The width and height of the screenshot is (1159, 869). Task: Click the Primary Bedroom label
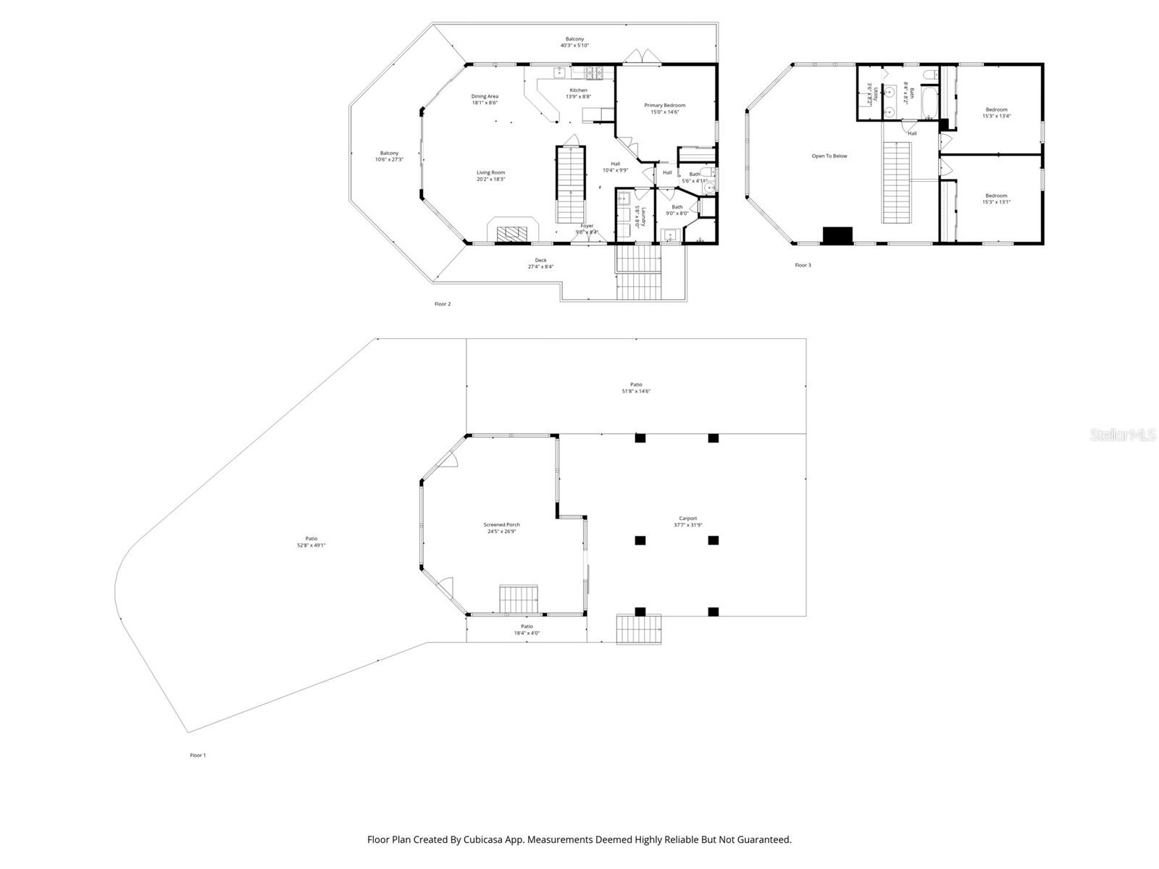(x=664, y=105)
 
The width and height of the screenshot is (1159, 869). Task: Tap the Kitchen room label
(x=578, y=90)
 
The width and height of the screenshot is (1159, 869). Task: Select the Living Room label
(x=490, y=172)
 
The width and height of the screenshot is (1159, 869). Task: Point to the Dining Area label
(x=485, y=96)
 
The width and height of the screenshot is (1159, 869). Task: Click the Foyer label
(x=587, y=226)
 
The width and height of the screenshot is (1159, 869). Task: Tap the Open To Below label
(x=829, y=156)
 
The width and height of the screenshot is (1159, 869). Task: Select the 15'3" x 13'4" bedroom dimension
(x=996, y=116)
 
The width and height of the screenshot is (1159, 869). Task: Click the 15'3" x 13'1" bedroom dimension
(x=996, y=202)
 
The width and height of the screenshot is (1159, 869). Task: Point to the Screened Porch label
(x=501, y=524)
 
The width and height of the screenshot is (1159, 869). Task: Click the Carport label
(x=685, y=519)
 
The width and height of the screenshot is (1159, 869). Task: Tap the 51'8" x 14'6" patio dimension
(x=636, y=391)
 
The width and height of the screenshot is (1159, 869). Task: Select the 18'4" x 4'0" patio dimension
(x=527, y=633)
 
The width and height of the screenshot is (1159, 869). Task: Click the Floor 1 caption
(x=198, y=755)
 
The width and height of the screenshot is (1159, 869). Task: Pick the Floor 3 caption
(x=803, y=265)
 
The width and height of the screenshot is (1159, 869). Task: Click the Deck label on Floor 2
(x=540, y=260)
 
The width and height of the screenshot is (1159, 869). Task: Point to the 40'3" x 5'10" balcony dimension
(x=574, y=45)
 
